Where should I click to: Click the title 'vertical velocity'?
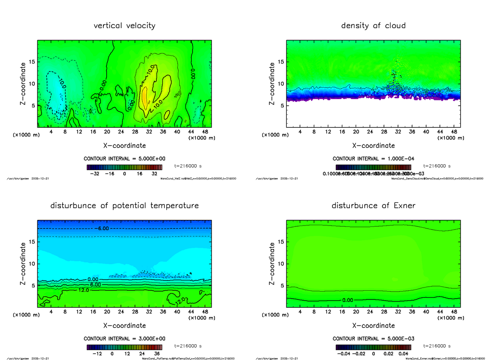(x=124, y=26)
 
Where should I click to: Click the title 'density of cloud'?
(x=373, y=26)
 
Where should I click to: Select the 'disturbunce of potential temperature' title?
(x=124, y=206)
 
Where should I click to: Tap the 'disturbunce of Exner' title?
(x=373, y=206)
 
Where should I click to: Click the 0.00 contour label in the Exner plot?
(x=349, y=300)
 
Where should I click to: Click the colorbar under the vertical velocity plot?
(x=124, y=167)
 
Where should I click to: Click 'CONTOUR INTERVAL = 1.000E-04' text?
(x=373, y=159)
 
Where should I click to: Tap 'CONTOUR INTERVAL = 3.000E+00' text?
(x=124, y=339)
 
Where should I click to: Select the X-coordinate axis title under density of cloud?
(x=373, y=146)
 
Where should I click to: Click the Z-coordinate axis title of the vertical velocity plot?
(x=24, y=83)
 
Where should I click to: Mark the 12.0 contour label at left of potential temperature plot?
(x=83, y=290)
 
